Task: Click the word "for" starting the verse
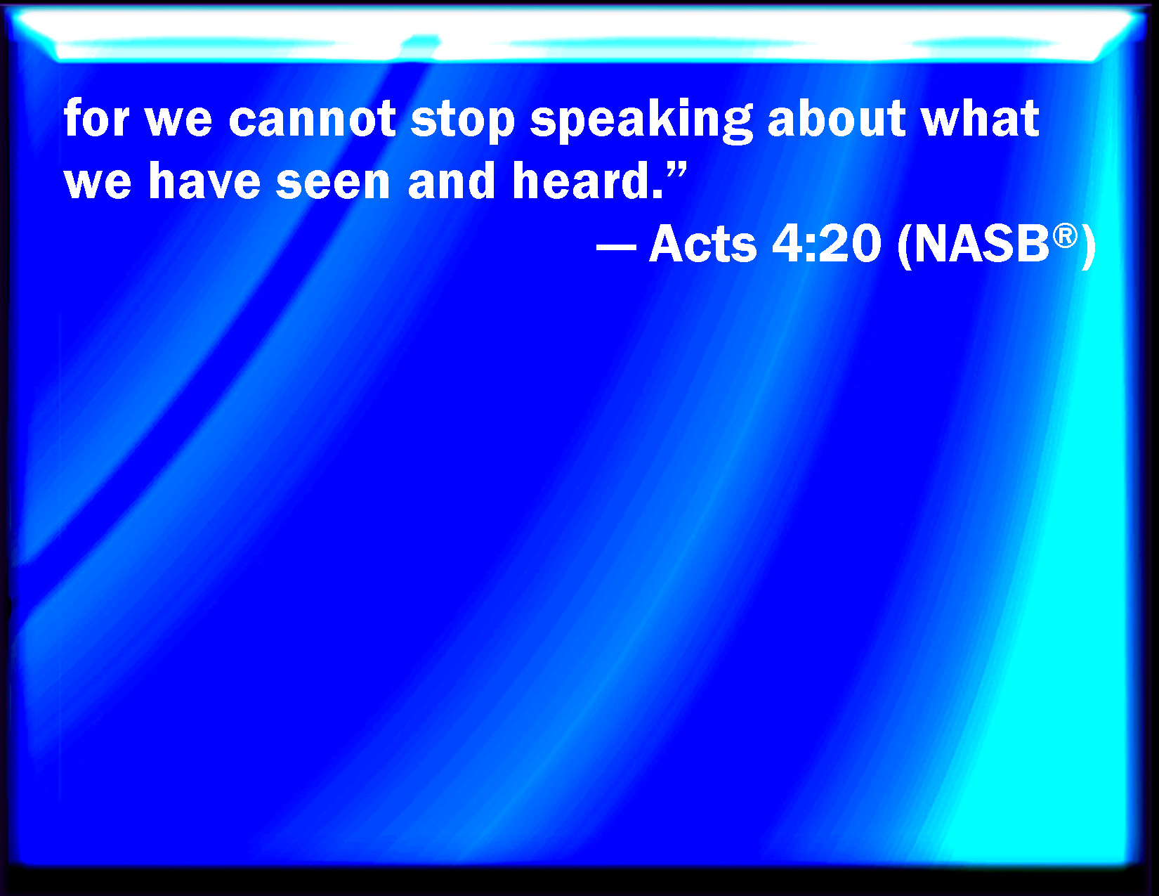click(96, 118)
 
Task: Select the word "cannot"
click(312, 119)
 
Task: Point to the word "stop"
click(462, 122)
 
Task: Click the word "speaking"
click(641, 121)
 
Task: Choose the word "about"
click(837, 118)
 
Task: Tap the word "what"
click(981, 118)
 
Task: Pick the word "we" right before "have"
click(97, 184)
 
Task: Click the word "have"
click(204, 180)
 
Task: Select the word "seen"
click(333, 184)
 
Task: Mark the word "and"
click(451, 180)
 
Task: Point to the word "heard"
click(581, 180)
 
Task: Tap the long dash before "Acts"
click(617, 247)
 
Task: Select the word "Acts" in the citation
click(702, 243)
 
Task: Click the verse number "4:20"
click(826, 243)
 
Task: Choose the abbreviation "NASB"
click(982, 244)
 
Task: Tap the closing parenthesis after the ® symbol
click(1088, 247)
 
